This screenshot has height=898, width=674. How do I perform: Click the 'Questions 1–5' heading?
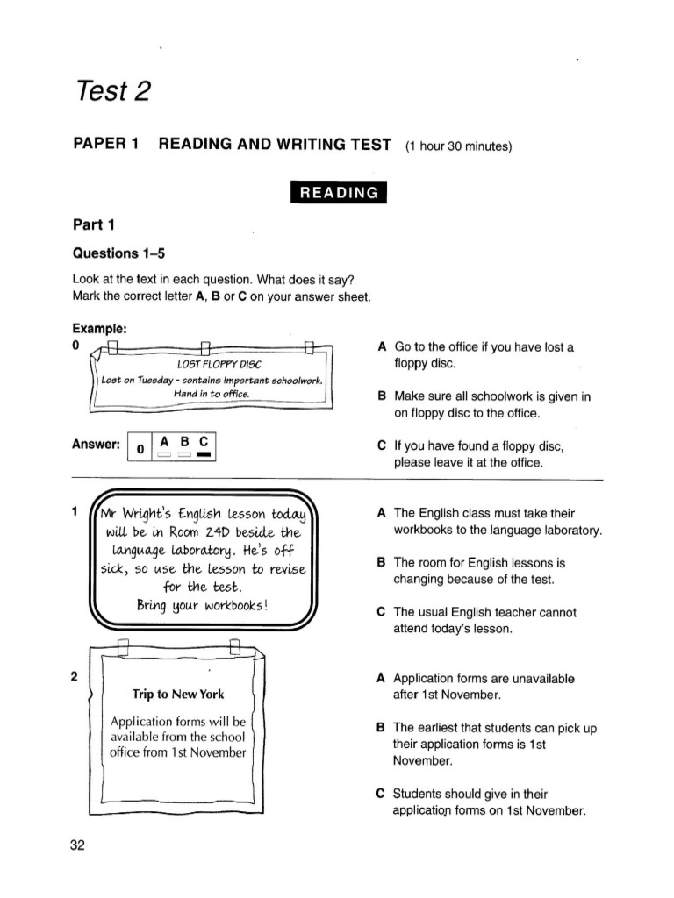[118, 253]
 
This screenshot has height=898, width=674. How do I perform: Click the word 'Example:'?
[100, 329]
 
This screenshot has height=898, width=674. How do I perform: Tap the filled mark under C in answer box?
[204, 455]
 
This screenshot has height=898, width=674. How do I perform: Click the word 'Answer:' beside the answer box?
[96, 445]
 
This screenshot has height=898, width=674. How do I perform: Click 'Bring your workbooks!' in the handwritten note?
[202, 606]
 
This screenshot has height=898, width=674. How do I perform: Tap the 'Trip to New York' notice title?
[178, 695]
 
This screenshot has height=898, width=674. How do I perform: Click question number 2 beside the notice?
[75, 676]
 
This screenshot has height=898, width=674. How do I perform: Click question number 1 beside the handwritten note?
[76, 511]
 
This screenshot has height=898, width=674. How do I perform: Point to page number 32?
[77, 845]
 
